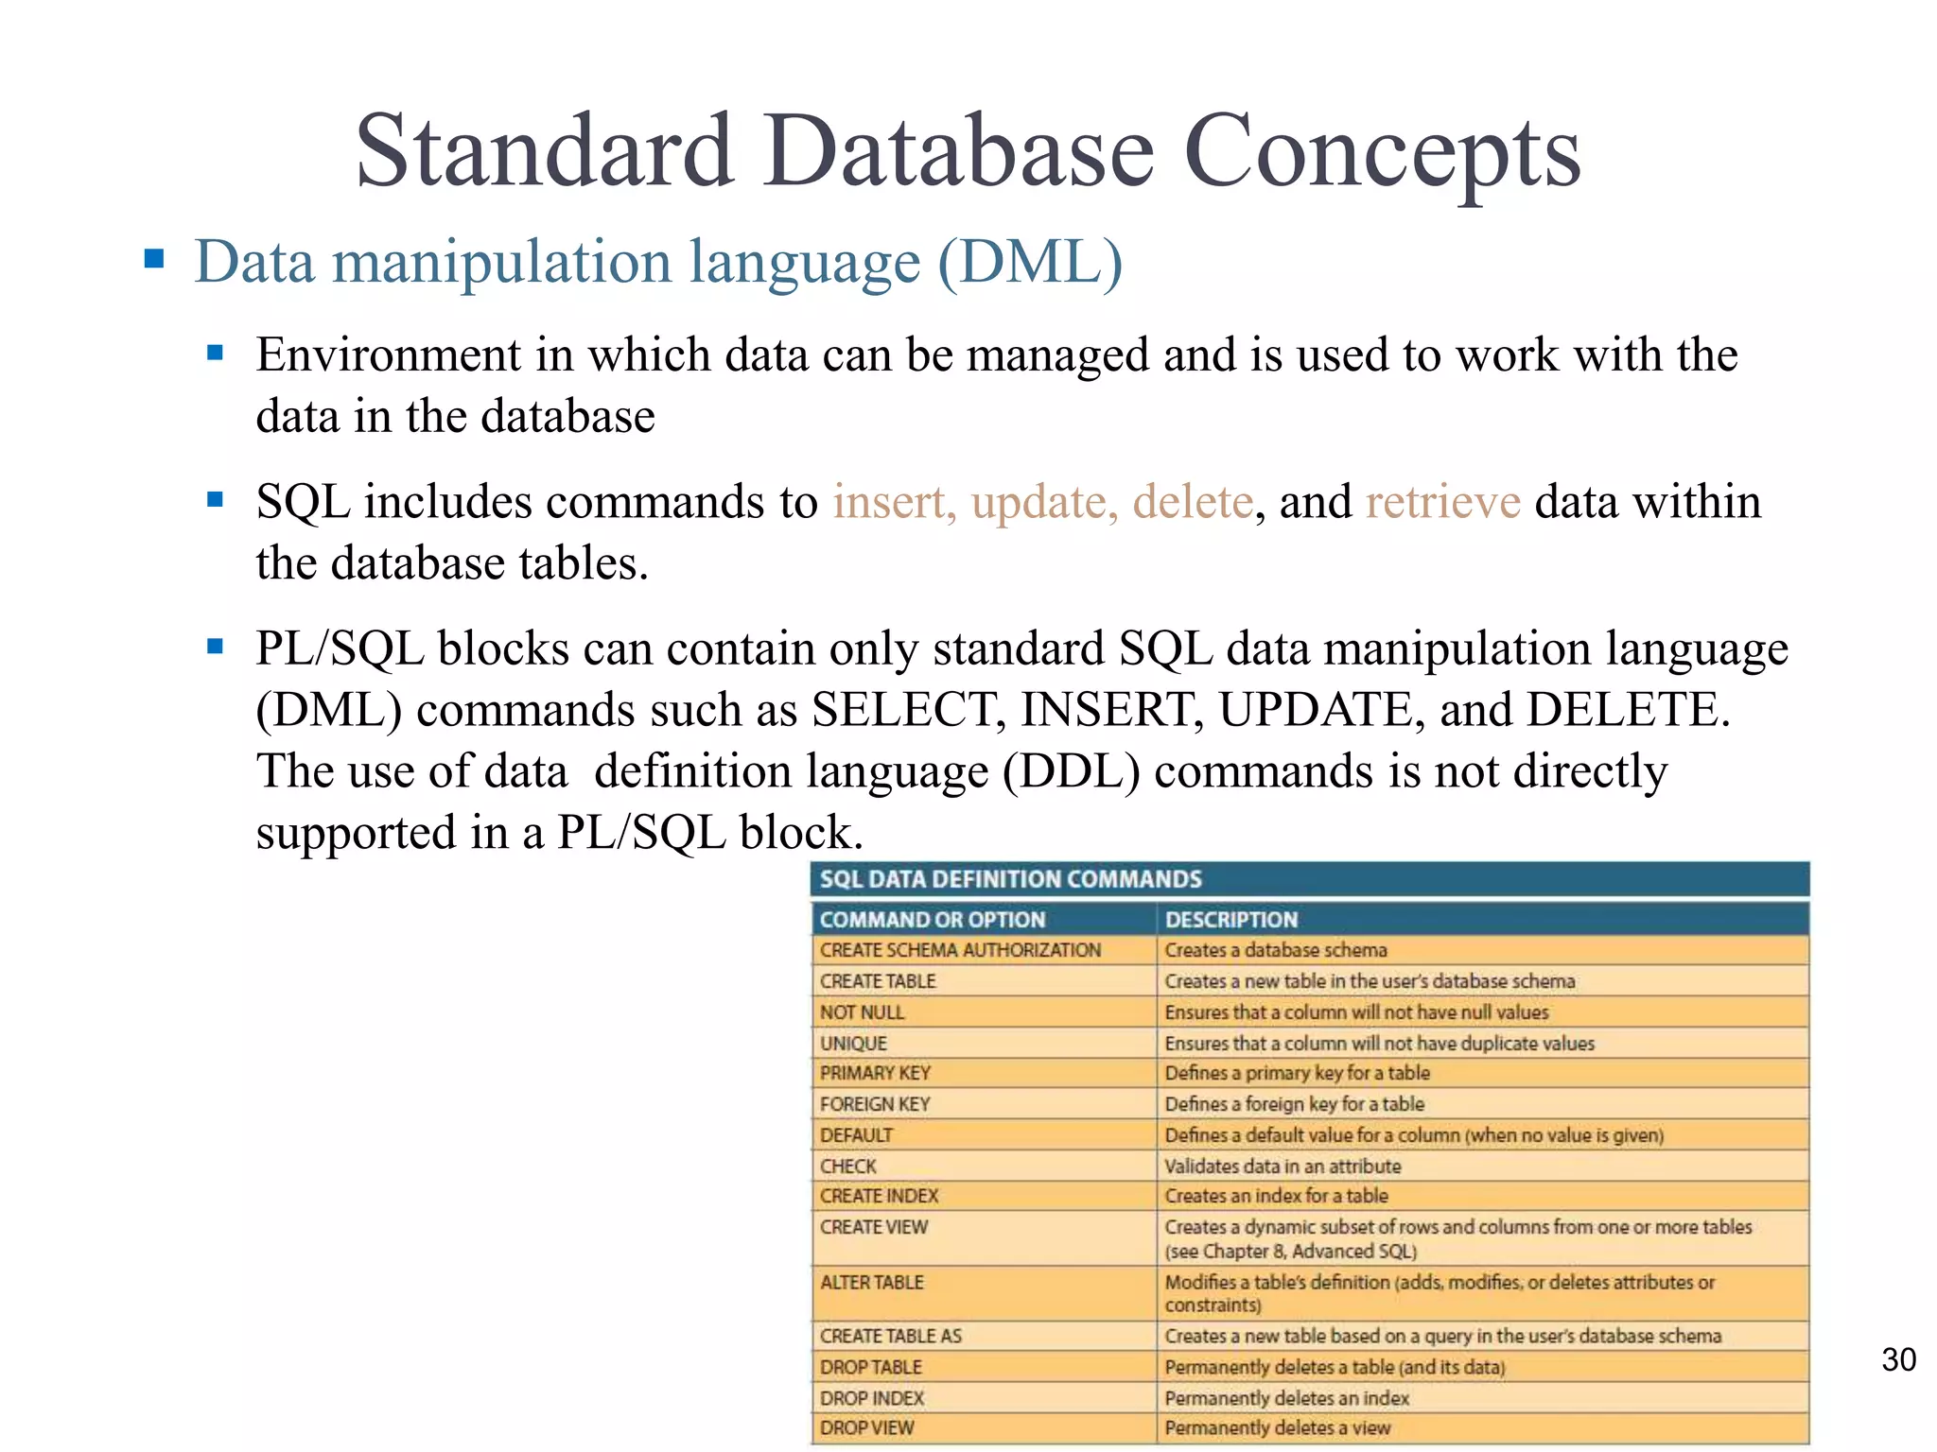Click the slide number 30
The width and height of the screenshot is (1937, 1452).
(x=1898, y=1359)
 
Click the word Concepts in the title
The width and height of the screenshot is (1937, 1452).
(x=1382, y=151)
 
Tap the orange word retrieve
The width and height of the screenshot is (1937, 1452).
(x=1443, y=501)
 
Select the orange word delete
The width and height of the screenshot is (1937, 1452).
(x=1193, y=501)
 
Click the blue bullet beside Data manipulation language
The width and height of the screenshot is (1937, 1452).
(x=154, y=259)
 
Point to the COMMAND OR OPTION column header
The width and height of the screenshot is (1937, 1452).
(x=933, y=919)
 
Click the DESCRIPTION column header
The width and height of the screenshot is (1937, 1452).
(x=1231, y=919)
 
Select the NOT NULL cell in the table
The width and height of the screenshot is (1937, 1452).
(x=863, y=1012)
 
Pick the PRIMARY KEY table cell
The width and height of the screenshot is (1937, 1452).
(x=876, y=1073)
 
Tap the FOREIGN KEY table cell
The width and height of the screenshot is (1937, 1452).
(x=876, y=1104)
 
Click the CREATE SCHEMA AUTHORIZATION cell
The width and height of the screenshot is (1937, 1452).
(x=960, y=950)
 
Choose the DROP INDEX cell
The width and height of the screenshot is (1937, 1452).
(x=872, y=1398)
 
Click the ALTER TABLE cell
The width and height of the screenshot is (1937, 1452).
(x=872, y=1283)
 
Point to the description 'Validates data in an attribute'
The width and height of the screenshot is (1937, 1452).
(x=1283, y=1167)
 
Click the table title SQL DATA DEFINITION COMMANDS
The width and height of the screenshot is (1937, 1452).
(x=1010, y=879)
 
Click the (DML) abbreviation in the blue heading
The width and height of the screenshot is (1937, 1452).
(x=1030, y=261)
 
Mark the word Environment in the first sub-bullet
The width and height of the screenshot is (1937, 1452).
(x=389, y=355)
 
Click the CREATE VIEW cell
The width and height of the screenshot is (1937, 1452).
(x=874, y=1227)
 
